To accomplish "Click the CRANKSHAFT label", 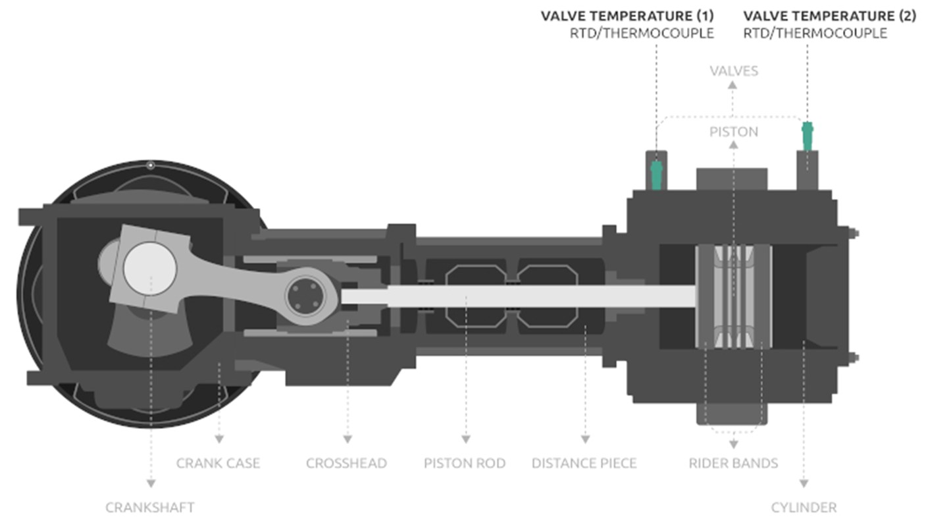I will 150,507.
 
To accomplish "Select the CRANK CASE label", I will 218,463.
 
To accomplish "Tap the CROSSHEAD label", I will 346,463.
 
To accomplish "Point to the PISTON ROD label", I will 465,463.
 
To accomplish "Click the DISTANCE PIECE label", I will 584,463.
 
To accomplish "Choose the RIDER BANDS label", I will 733,463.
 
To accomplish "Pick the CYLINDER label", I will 804,507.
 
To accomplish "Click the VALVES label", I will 734,70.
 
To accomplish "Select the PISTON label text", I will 734,132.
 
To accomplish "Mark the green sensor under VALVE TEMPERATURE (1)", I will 656,175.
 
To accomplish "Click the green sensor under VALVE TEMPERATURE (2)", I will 808,136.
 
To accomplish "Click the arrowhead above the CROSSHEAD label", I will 347,439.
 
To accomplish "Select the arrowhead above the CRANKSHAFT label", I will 151,484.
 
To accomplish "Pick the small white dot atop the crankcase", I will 151,165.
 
